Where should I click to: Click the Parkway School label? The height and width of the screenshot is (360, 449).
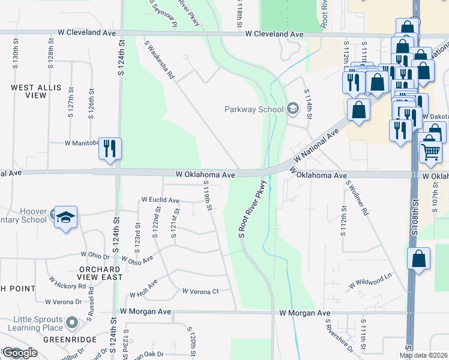coord(254,109)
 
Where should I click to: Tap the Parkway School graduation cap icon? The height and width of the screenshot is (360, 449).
coord(292,109)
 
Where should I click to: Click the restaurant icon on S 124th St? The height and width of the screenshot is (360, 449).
coord(110,148)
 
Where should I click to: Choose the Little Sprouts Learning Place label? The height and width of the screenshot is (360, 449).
coord(32,323)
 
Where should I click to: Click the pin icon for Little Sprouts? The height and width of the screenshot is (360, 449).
coord(72,323)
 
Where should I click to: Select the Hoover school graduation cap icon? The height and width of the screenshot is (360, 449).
coord(64,217)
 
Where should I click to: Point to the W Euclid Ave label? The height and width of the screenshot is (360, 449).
coord(160,200)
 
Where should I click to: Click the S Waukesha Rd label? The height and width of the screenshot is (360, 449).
coord(159,60)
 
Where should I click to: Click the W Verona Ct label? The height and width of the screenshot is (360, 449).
coord(200,292)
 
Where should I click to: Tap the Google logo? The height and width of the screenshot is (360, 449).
coord(20,353)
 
